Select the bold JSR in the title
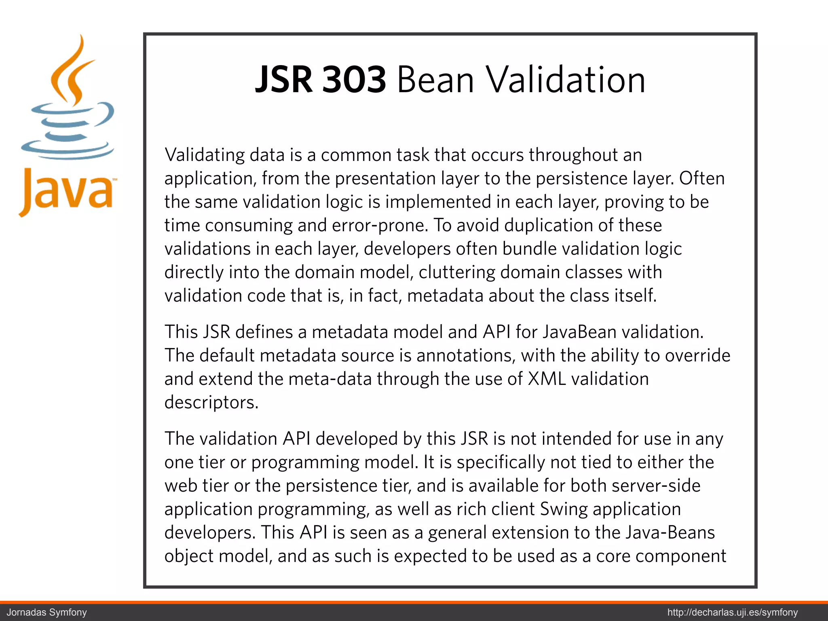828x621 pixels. [x=284, y=80]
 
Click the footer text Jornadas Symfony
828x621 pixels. [x=47, y=612]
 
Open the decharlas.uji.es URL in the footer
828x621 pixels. [x=733, y=612]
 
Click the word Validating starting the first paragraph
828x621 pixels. [x=205, y=155]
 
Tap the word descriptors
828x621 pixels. [x=211, y=403]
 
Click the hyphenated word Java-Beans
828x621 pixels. [x=670, y=533]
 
